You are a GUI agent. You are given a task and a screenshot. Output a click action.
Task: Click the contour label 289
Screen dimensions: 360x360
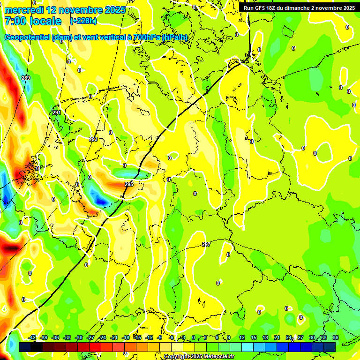tap(26, 78)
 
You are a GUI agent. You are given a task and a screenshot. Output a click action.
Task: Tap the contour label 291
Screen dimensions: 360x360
tap(57, 113)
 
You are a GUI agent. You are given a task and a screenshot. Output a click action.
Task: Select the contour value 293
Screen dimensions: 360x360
tap(93, 139)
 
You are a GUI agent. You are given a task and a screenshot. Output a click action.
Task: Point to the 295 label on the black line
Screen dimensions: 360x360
tap(129, 185)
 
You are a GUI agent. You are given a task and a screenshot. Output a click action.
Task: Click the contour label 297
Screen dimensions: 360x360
tap(206, 245)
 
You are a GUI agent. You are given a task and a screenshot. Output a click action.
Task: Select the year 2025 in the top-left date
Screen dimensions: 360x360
tap(112, 10)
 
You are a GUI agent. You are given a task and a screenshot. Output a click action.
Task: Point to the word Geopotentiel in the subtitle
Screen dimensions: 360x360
tap(27, 37)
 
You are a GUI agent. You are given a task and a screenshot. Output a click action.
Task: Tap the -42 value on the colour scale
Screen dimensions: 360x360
tap(32, 337)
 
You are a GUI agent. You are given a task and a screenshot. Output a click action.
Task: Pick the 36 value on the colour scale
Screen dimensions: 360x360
tap(335, 337)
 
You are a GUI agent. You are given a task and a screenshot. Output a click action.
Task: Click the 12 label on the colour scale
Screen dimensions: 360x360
tap(241, 337)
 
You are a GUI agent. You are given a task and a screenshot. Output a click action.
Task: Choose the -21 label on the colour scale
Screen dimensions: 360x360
tap(114, 337)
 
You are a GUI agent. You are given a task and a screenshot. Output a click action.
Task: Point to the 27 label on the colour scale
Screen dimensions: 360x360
tap(300, 337)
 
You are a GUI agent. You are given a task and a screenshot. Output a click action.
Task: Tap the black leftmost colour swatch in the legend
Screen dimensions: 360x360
tap(25, 347)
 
